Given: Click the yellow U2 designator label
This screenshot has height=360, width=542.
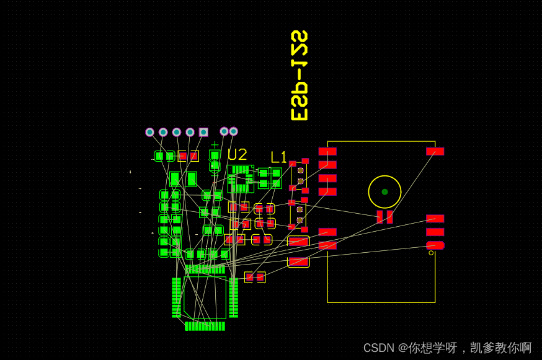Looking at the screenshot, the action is coord(237,154).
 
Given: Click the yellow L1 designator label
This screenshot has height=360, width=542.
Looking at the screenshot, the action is coord(279,157).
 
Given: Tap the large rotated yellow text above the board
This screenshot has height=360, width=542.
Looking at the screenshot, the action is coord(300,75).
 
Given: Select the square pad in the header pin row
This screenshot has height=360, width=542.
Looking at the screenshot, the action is coord(203,132).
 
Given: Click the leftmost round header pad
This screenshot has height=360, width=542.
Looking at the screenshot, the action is coord(149,132).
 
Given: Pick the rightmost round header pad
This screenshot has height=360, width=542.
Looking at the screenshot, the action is coord(233,131).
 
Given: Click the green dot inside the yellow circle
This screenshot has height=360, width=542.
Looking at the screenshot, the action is coord(384,192).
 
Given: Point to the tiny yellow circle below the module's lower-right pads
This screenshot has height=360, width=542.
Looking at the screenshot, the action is coord(431,253).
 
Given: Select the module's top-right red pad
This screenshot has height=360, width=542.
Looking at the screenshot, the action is coord(435,151).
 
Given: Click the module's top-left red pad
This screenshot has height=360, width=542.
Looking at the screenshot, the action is coord(327,151).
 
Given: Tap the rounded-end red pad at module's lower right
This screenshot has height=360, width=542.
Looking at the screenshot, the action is coord(435,245).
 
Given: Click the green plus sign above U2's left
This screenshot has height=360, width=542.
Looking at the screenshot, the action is coord(215,145).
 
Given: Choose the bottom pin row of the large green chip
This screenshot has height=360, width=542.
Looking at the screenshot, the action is coord(205,326).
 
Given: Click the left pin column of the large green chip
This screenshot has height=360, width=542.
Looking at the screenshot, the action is coord(176,297).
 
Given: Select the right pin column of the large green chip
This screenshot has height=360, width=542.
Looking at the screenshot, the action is coord(233,297).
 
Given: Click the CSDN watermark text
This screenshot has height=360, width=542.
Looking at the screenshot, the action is coord(447,348).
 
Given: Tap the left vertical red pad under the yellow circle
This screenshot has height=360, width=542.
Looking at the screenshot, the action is coord(380,217).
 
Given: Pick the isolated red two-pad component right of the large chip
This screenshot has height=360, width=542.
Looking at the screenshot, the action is coord(255,277).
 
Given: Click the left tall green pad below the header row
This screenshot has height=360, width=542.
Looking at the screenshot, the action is coord(175,179).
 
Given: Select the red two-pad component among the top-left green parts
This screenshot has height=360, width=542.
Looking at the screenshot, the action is coord(189,156).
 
